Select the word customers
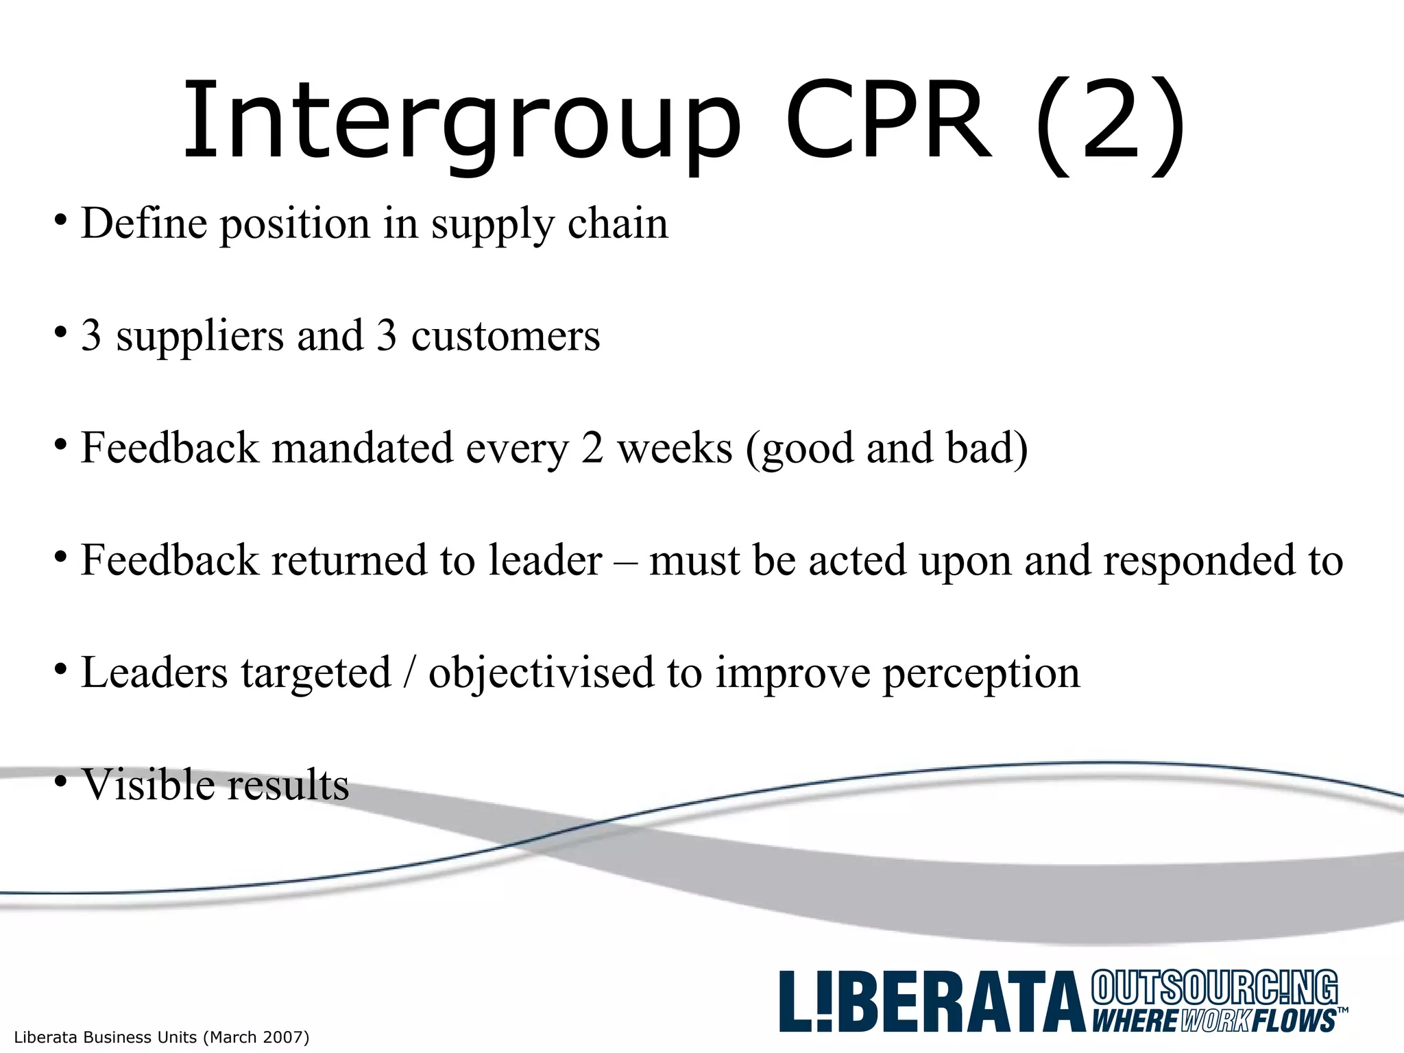point(505,336)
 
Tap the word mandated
point(363,448)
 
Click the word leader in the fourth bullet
point(545,561)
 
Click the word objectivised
point(541,673)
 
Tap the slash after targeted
point(410,673)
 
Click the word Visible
point(147,784)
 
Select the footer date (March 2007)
point(256,1037)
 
